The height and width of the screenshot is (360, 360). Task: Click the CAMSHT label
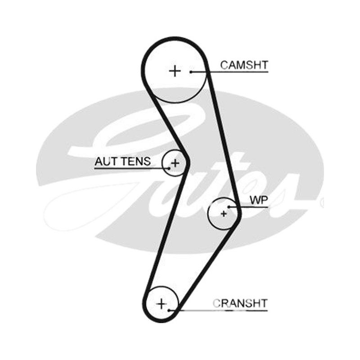244,65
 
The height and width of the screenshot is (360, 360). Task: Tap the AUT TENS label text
122,162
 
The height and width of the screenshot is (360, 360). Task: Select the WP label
259,200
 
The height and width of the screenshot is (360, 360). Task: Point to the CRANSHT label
240,303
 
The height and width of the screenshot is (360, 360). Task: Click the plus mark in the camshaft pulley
175,71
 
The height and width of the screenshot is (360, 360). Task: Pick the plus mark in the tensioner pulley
175,163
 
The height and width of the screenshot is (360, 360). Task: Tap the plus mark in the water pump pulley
224,214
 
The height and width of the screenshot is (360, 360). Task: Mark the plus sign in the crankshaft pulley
162,304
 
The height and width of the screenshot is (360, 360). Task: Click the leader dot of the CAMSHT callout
191,72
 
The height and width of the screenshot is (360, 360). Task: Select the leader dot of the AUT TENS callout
169,168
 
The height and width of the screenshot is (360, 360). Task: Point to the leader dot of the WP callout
229,207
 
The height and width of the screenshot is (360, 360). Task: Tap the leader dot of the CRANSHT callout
169,310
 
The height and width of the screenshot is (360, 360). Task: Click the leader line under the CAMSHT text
229,72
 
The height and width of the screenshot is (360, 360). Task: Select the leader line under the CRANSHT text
218,310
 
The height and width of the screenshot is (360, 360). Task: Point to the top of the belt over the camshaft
175,38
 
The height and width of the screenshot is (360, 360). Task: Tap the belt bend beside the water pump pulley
240,213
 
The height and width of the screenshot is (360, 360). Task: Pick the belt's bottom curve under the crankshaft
161,321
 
